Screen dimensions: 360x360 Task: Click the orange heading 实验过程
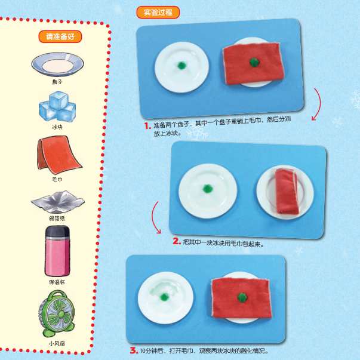point(158,12)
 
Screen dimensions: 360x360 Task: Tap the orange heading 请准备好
point(60,36)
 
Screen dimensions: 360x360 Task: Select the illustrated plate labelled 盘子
point(58,64)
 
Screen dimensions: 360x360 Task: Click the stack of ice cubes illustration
point(57,106)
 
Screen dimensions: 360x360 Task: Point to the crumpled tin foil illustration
point(58,202)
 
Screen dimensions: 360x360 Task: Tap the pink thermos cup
point(57,251)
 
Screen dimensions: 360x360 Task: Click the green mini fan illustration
point(57,313)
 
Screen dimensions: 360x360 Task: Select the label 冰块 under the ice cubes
point(57,127)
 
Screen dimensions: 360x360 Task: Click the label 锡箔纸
point(57,218)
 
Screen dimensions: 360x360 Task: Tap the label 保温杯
point(57,282)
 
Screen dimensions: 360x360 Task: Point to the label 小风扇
point(57,343)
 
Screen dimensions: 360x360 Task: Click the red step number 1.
point(147,126)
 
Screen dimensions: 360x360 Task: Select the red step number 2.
point(177,241)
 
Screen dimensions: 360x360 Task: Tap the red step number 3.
point(134,350)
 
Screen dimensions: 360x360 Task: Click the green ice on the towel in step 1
point(254,62)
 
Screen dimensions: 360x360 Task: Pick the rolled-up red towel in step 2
point(287,191)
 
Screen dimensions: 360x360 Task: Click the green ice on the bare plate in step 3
point(164,297)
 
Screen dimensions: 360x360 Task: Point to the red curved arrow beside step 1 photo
point(319,104)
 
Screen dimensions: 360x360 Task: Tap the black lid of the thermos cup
point(57,232)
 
